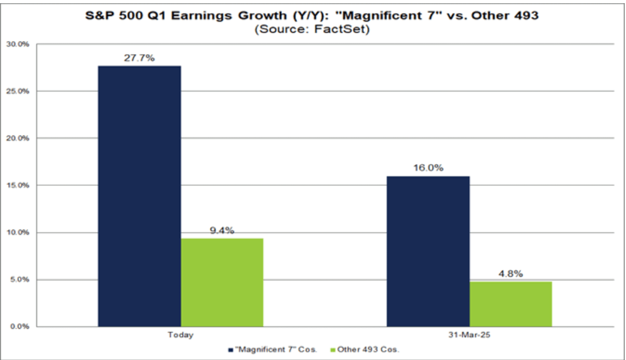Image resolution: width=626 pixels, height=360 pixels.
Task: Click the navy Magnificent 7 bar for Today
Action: coord(139,196)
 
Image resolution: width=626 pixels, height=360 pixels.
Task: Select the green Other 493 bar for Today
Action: coord(222,282)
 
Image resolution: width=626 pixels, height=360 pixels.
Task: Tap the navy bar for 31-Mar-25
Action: coord(428,251)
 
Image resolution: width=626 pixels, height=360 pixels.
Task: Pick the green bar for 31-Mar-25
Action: coord(511,303)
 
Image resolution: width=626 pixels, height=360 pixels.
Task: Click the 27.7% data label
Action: coord(139,58)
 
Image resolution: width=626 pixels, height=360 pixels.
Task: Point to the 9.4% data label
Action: coord(222,230)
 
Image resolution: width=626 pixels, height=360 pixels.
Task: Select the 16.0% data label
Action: coord(428,168)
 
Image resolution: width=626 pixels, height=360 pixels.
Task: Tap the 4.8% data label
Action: coord(511,273)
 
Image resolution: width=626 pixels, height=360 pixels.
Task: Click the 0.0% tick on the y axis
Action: coord(20,327)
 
